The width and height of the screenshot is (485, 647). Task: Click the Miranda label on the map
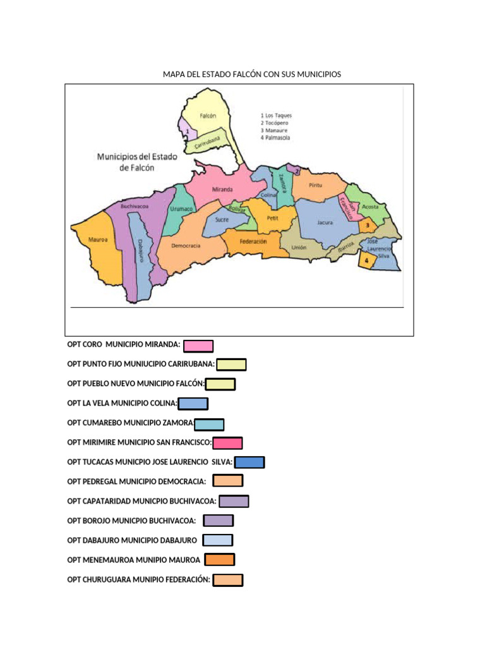(x=222, y=190)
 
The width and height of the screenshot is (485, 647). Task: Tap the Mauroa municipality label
(x=98, y=240)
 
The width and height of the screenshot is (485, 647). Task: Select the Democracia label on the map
(x=186, y=245)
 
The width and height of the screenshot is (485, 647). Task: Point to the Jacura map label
(x=325, y=222)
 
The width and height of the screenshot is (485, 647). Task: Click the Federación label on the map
(x=253, y=241)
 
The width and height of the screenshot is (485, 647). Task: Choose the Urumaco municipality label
(x=182, y=209)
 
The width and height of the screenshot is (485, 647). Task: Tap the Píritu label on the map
(x=316, y=184)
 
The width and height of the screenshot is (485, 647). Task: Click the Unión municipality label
(x=299, y=248)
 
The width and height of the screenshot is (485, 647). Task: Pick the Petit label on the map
(x=273, y=217)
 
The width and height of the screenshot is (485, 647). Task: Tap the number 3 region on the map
(x=368, y=225)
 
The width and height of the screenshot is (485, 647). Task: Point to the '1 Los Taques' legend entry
(x=276, y=116)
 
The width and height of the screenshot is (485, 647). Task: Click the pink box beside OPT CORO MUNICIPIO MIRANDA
(x=198, y=346)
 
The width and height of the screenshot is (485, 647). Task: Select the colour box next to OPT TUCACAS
(x=249, y=463)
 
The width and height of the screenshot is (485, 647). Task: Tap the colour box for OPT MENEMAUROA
(x=220, y=560)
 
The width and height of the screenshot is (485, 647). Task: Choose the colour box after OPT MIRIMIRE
(x=228, y=443)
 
